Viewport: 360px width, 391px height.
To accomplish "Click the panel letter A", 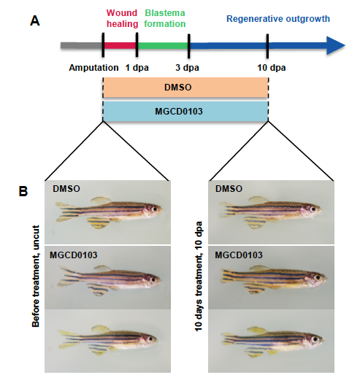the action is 35,20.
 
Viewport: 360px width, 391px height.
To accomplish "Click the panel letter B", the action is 23,192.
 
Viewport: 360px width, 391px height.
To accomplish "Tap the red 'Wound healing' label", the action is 123,18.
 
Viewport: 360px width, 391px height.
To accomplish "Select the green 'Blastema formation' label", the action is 165,18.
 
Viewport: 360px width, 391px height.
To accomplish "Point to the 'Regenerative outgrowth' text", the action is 278,19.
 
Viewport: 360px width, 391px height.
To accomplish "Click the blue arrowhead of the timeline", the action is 336,45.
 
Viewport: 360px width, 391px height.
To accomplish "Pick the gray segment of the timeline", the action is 81,45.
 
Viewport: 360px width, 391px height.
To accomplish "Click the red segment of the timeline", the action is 120,45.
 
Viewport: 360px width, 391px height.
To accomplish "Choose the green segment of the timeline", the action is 163,45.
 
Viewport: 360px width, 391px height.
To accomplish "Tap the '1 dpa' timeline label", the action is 137,68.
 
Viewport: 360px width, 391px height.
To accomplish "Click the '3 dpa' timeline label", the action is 187,68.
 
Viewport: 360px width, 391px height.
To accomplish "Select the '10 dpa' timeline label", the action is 272,68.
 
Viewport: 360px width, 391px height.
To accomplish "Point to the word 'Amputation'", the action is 93,68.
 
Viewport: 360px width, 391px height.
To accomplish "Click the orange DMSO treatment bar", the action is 185,88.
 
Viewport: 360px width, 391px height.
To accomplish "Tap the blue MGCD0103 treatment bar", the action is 185,111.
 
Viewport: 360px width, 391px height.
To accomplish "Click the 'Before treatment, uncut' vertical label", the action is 36,276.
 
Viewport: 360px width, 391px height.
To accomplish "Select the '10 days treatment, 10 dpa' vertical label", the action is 199,276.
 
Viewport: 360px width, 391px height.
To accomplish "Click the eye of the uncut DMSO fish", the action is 155,209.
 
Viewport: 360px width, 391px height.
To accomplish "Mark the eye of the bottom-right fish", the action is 315,339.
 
